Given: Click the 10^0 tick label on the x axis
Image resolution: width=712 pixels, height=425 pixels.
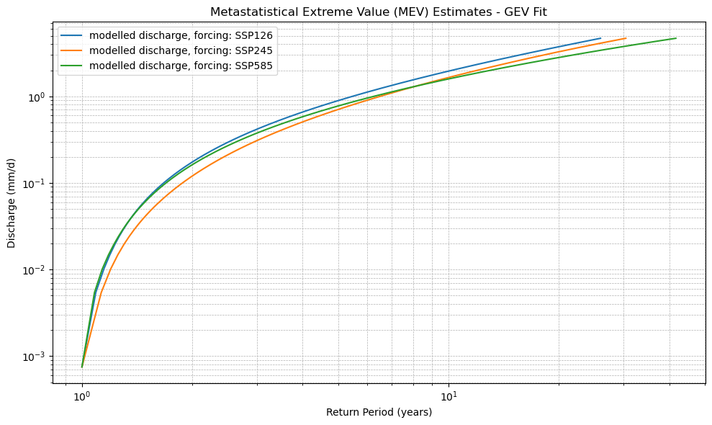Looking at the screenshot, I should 82,396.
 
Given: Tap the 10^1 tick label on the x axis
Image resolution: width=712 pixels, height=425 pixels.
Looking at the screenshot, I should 449,396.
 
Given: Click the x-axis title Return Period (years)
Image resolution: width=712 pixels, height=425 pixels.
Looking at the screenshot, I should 379,413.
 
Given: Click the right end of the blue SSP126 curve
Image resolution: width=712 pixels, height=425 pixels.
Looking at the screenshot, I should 600,38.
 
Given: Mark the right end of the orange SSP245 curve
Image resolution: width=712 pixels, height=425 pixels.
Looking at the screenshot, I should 626,38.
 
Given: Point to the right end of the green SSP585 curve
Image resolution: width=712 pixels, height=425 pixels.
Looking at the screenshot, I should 676,38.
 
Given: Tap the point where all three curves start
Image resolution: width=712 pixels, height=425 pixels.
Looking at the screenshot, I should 82,367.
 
